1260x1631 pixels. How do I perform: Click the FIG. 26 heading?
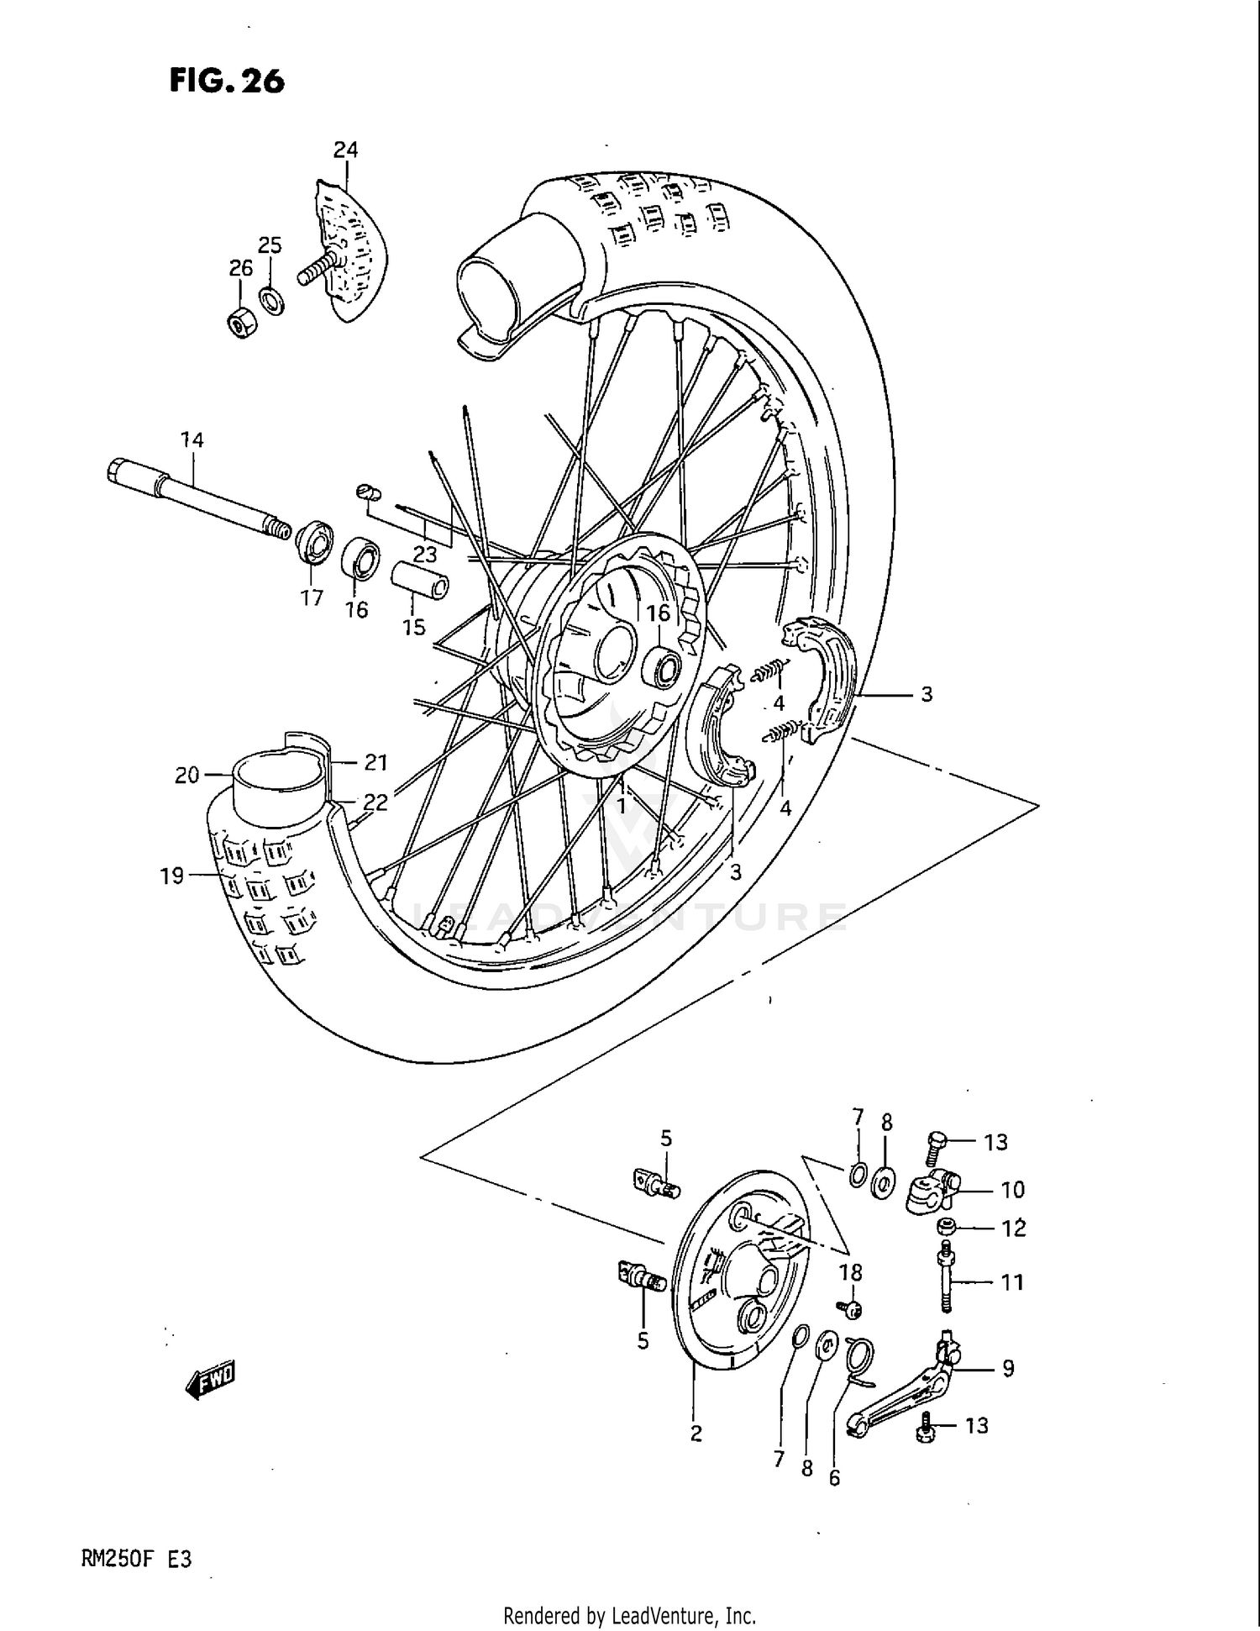(227, 81)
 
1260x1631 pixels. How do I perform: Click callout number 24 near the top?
(345, 150)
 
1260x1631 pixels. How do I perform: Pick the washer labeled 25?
(271, 299)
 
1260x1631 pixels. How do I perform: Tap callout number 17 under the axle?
(312, 598)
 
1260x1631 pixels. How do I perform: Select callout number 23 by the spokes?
(425, 555)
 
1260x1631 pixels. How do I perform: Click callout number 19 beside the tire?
(171, 876)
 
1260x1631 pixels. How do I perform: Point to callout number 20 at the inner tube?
(186, 775)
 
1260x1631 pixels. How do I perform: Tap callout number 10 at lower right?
(1012, 1189)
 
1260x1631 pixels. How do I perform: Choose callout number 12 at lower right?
(1014, 1228)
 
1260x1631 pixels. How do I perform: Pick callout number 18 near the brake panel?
(850, 1272)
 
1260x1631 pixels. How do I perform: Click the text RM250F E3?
(137, 1560)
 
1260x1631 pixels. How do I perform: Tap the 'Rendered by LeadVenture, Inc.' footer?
(629, 1615)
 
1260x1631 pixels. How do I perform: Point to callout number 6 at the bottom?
(834, 1477)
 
